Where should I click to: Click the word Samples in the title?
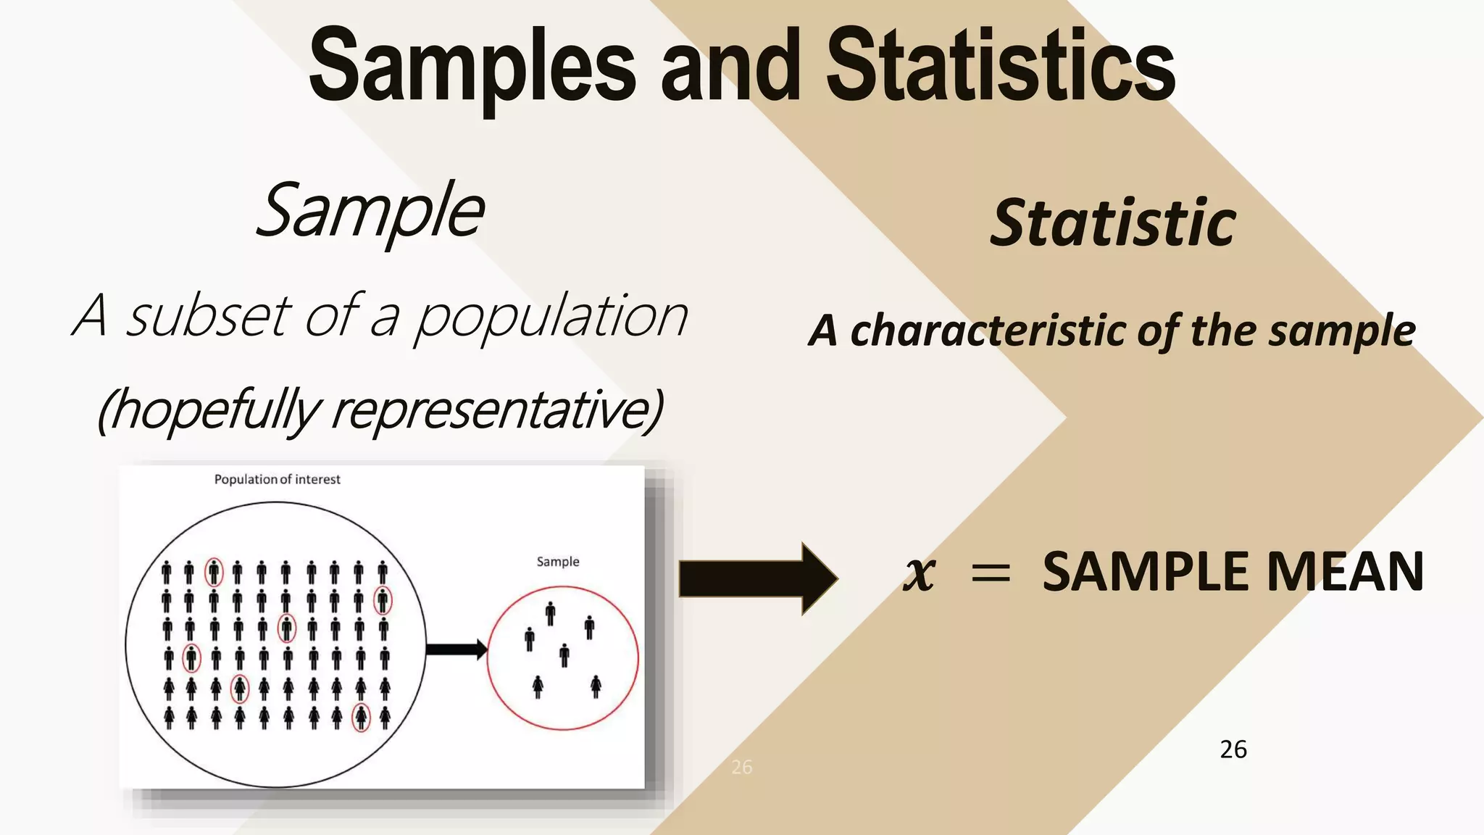pyautogui.click(x=472, y=67)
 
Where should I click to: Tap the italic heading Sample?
pyautogui.click(x=370, y=211)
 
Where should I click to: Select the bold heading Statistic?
pyautogui.click(x=1113, y=223)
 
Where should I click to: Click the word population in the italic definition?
pyautogui.click(x=551, y=319)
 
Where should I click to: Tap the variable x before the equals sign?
pyautogui.click(x=920, y=573)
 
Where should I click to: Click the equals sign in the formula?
pyautogui.click(x=990, y=573)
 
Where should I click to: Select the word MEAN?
pyautogui.click(x=1345, y=572)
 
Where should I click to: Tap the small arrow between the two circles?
pyautogui.click(x=456, y=649)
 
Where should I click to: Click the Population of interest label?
pyautogui.click(x=277, y=479)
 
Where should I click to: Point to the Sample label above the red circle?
pyautogui.click(x=557, y=561)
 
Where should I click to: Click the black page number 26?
pyautogui.click(x=1233, y=749)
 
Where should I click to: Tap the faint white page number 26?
pyautogui.click(x=741, y=767)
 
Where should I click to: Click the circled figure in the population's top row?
pyautogui.click(x=214, y=573)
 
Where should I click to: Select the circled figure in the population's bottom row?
pyautogui.click(x=360, y=718)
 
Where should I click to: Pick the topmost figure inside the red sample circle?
pyautogui.click(x=551, y=613)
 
